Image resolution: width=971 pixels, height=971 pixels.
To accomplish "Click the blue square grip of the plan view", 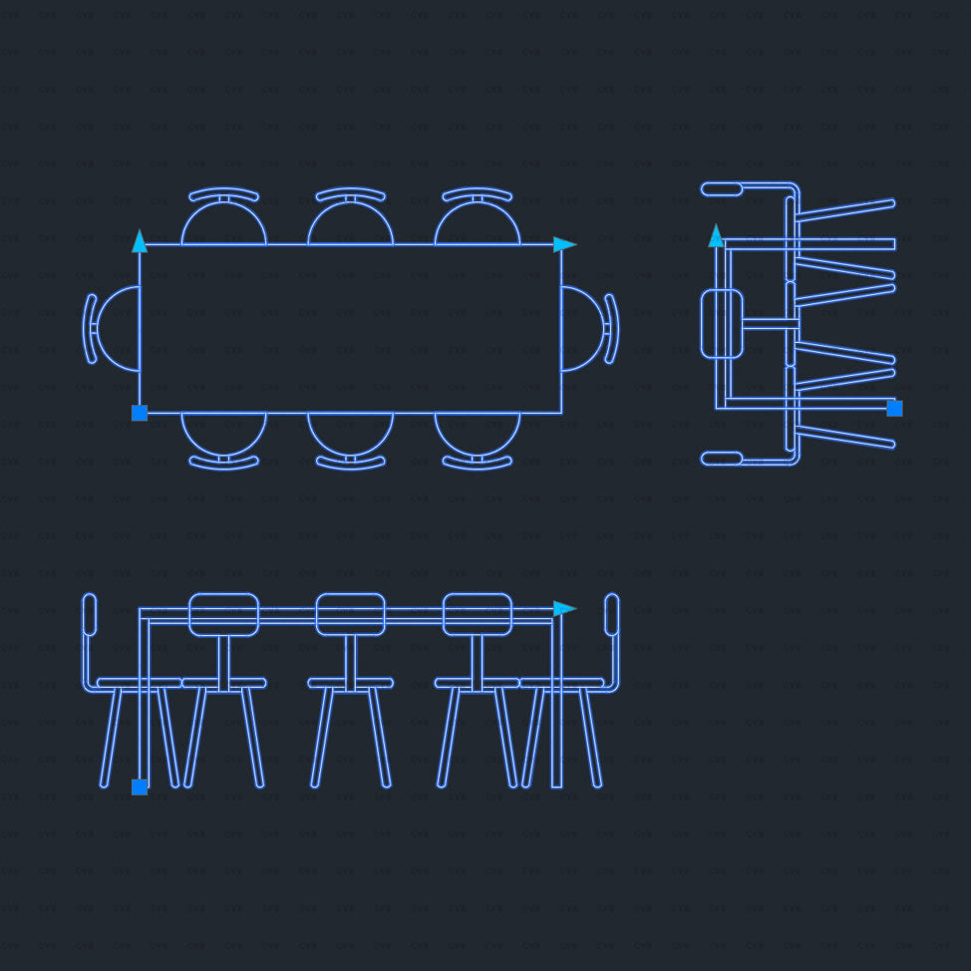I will click(x=140, y=413).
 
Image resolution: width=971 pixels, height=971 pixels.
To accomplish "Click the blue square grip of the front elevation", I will click(x=140, y=787).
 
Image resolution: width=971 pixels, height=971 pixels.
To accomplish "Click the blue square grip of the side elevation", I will click(x=894, y=408).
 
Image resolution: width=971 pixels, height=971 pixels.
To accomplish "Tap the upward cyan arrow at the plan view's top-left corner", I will click(x=140, y=241).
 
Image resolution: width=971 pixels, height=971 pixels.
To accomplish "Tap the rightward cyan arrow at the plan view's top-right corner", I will click(x=564, y=244).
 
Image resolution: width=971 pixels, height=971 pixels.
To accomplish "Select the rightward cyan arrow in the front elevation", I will click(x=564, y=608).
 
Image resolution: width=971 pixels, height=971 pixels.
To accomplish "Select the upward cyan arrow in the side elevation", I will click(x=716, y=235).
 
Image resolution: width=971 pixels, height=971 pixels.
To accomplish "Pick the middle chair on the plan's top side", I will click(x=350, y=225).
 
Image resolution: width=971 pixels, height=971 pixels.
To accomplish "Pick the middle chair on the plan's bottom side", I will click(x=350, y=432).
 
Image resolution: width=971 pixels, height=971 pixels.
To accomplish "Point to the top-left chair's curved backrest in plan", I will click(x=223, y=192).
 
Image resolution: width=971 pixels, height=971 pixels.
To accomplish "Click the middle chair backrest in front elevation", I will click(x=350, y=614).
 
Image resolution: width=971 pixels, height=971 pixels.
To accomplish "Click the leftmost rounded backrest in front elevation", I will click(x=223, y=614).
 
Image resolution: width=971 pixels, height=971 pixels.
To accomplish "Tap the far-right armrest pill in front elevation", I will click(x=611, y=614).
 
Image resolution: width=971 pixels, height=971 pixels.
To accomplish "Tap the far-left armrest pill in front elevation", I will click(x=90, y=614).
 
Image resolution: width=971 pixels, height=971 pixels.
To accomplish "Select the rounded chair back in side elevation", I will click(x=722, y=324).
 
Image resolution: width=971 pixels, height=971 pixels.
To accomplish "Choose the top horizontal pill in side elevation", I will click(x=722, y=188).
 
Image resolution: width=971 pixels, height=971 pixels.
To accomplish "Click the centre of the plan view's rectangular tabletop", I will click(x=350, y=329).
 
